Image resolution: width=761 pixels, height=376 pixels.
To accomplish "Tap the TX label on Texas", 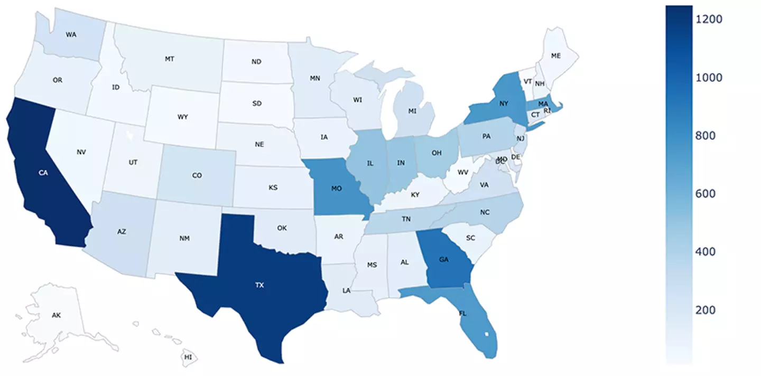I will (x=259, y=285).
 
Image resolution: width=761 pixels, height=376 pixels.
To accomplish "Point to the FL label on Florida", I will (x=463, y=313).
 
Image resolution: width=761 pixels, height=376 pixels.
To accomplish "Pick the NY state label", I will (x=504, y=104).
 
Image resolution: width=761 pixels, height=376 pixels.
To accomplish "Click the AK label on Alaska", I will (x=57, y=316).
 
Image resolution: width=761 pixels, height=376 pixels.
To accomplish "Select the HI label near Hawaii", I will (x=188, y=358).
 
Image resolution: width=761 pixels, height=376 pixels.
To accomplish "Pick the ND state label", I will (x=256, y=62).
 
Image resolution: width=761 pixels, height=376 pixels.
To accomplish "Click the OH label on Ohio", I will (x=436, y=153).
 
